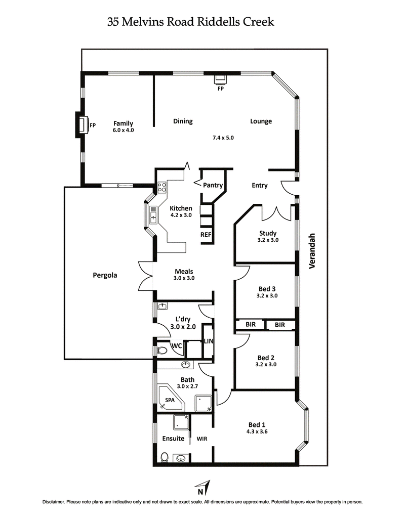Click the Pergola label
pos(105,276)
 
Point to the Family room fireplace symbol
pos(81,124)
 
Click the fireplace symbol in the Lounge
pos(221,79)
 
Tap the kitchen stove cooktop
pos(162,188)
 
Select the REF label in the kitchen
pos(206,235)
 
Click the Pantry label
pos(213,185)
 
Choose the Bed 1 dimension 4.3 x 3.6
pos(257,432)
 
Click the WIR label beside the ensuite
pos(202,439)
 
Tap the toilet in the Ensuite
pos(164,457)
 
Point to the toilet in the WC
pos(163,350)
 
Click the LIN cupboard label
pos(208,341)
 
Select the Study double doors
pos(276,212)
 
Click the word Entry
pos(259,186)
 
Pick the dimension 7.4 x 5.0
pos(223,137)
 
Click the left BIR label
pos(250,325)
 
